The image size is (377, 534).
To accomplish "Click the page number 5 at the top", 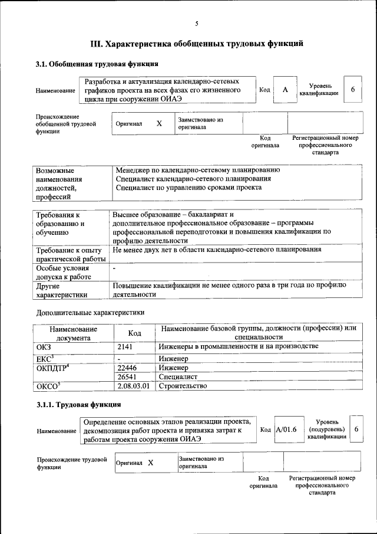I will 197,24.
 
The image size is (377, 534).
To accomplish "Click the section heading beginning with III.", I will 197,44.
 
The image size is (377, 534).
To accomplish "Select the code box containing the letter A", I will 285,90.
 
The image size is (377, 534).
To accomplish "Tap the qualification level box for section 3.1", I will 352,90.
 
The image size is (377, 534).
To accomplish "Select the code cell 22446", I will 128,367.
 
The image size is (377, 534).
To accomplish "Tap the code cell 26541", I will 128,376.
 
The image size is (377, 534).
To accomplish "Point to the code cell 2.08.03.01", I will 134,386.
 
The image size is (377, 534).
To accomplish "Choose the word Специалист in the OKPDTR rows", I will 178,376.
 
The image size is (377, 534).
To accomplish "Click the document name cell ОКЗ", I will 44,346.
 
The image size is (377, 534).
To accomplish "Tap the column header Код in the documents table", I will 134,333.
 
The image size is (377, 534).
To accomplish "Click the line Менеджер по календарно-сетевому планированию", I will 198,170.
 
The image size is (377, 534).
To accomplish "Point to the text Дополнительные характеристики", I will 90,312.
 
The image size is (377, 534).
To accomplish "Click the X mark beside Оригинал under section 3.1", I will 158,124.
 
